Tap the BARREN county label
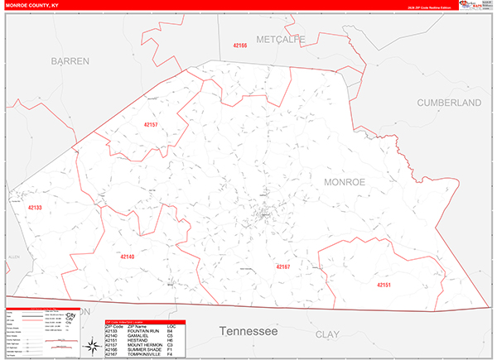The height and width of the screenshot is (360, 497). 69,61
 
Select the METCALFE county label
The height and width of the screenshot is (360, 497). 281,39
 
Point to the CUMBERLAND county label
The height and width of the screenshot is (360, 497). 449,103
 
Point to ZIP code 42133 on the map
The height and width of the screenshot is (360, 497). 35,208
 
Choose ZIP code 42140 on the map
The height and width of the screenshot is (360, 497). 127,257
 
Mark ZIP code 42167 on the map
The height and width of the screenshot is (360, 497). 282,266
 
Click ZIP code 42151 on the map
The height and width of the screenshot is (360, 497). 382,286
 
